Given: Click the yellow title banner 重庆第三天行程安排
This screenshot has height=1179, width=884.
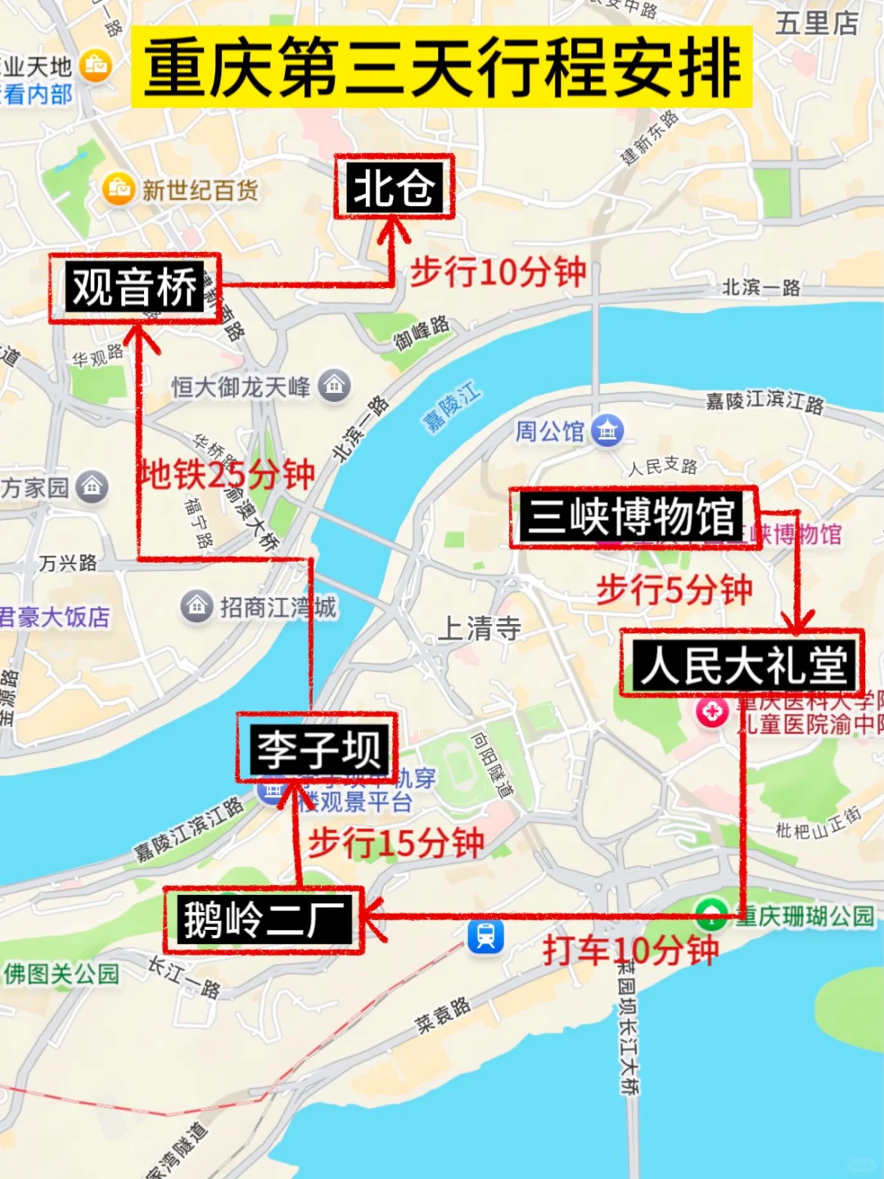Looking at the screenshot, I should pyautogui.click(x=442, y=67).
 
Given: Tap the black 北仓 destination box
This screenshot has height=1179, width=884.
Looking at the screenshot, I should pyautogui.click(x=394, y=187).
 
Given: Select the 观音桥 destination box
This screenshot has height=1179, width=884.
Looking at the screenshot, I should pyautogui.click(x=135, y=287).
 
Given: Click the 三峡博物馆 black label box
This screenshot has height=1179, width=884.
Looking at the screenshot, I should pyautogui.click(x=632, y=517).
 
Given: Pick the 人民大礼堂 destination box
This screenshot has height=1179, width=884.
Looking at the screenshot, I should pyautogui.click(x=742, y=664).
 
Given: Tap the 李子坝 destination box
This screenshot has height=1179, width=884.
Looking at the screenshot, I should pyautogui.click(x=318, y=748).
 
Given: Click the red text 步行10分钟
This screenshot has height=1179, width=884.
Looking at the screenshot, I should pyautogui.click(x=498, y=272).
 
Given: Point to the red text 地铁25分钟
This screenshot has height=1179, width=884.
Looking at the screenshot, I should pyautogui.click(x=226, y=474).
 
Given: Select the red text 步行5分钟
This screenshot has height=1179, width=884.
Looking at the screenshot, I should pyautogui.click(x=674, y=589).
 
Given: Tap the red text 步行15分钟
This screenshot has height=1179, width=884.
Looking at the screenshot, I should pyautogui.click(x=396, y=842).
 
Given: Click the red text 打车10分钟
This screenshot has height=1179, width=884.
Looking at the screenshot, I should pyautogui.click(x=630, y=951).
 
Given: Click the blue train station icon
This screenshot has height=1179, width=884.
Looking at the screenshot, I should pyautogui.click(x=485, y=936).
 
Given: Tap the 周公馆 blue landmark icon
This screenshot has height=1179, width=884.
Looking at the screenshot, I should pyautogui.click(x=607, y=430).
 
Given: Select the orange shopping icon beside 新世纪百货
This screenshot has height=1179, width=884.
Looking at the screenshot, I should pyautogui.click(x=118, y=190).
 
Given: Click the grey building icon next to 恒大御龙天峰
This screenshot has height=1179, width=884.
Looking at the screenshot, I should pyautogui.click(x=334, y=385).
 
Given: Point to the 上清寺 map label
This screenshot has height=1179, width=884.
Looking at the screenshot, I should pyautogui.click(x=480, y=629).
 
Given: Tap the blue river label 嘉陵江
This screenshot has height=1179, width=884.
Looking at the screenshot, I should pyautogui.click(x=451, y=406).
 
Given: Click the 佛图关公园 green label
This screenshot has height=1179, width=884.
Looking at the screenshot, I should pyautogui.click(x=61, y=974).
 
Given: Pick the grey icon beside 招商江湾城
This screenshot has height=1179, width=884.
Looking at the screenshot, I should pyautogui.click(x=196, y=607).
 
